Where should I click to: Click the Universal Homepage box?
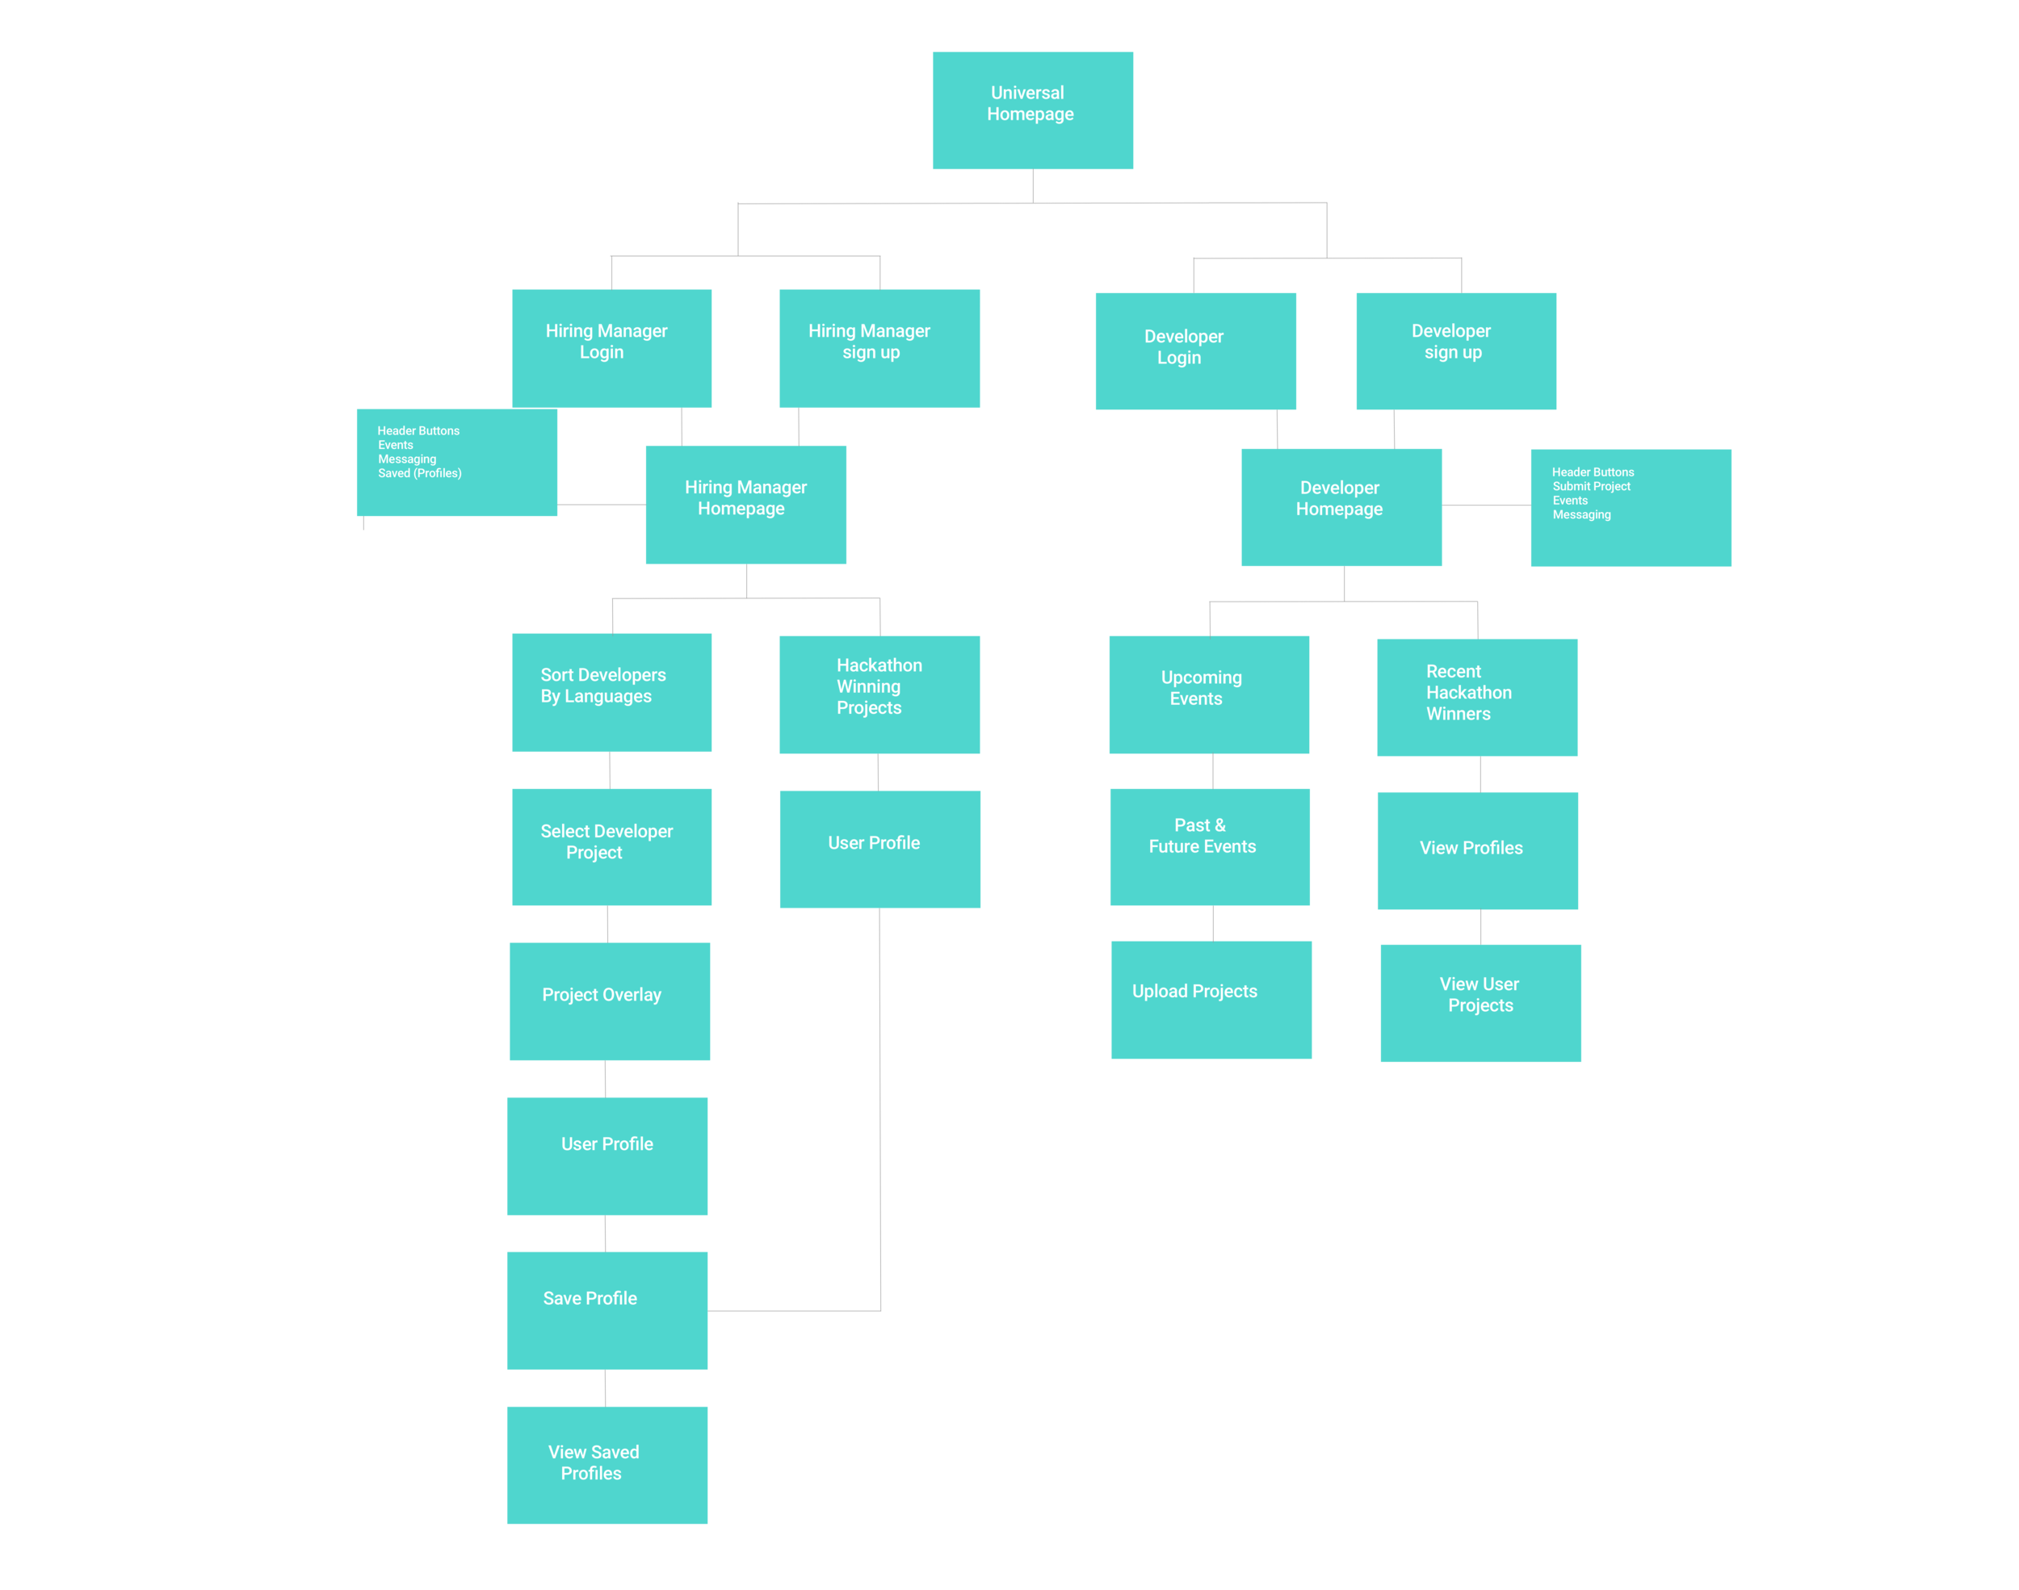tap(1032, 110)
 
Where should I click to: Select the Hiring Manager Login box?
tap(611, 347)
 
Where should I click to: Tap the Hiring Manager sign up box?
tap(879, 347)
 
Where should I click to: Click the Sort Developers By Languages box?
tap(611, 692)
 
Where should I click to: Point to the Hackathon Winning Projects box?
tap(879, 694)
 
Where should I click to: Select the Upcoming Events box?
tap(1208, 694)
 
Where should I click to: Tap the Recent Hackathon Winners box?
tap(1476, 696)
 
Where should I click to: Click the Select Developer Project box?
tap(611, 846)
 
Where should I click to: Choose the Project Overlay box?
tap(610, 1001)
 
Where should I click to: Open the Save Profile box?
tap(607, 1310)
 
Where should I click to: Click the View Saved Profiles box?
tap(607, 1464)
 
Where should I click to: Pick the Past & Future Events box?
tap(1209, 846)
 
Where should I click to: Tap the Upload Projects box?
tap(1211, 999)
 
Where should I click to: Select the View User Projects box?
tap(1480, 1003)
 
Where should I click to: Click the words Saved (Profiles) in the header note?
tap(420, 473)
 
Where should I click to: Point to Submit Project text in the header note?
tap(1591, 486)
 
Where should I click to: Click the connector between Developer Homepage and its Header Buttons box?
tap(1486, 505)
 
